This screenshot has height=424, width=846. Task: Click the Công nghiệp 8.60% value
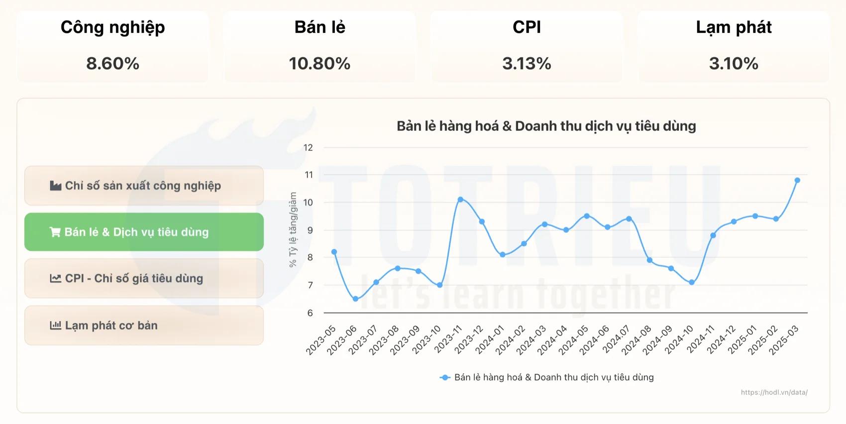(112, 64)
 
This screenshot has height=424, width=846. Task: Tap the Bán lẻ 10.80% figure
(319, 64)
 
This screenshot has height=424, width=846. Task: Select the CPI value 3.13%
(527, 64)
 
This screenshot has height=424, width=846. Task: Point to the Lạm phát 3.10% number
(734, 64)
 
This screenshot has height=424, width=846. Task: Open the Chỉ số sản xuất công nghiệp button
(144, 186)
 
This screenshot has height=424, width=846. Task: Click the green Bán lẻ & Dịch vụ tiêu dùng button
(144, 232)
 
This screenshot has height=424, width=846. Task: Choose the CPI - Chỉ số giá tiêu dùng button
(144, 278)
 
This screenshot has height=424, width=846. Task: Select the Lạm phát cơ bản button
(144, 325)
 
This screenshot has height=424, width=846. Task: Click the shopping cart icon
(55, 232)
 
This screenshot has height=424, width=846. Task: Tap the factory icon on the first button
(55, 186)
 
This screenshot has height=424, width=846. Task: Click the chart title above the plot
(546, 126)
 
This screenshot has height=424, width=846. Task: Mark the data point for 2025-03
(797, 180)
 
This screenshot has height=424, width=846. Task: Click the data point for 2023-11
(460, 200)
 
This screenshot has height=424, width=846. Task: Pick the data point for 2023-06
(355, 299)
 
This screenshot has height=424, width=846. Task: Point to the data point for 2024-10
(692, 282)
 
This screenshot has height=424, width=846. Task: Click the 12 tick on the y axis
(308, 147)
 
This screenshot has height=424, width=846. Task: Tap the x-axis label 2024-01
(490, 340)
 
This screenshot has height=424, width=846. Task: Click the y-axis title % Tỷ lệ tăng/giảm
(293, 230)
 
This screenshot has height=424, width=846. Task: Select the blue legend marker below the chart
(445, 378)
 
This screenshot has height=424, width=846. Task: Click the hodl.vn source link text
(774, 392)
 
